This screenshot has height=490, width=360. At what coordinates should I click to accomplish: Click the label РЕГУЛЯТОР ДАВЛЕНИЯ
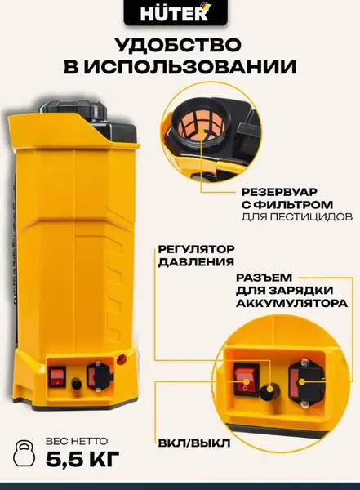pos(194,256)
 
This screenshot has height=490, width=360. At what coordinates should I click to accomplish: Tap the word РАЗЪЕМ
pos(264,278)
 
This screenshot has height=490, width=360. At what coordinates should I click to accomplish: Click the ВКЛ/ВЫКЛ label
pos(194,443)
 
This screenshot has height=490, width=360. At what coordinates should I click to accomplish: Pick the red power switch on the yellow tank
pos(56,377)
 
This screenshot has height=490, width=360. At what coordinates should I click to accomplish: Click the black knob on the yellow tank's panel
pos(76,382)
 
